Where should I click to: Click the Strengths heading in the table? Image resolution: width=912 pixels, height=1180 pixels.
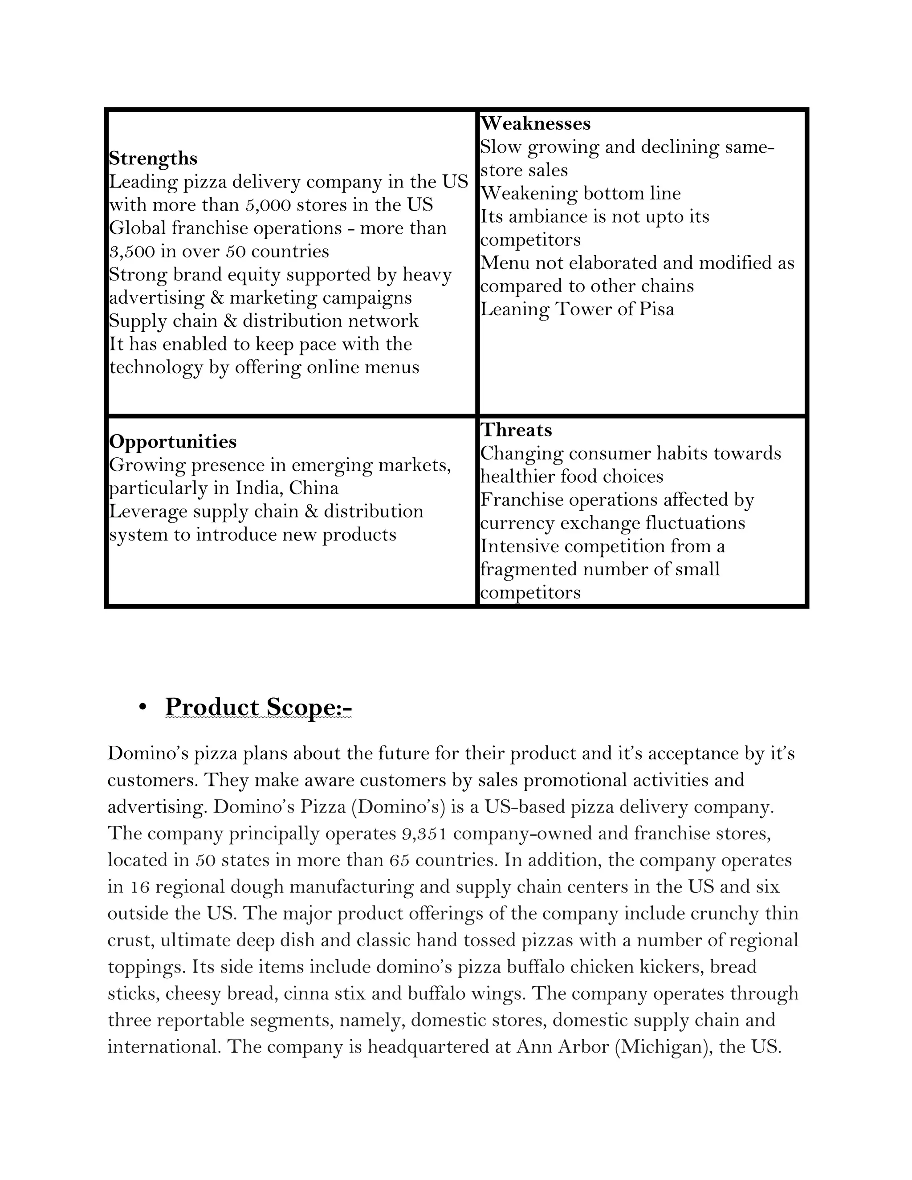[x=153, y=159]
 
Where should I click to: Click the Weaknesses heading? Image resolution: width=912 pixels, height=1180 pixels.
[x=535, y=123]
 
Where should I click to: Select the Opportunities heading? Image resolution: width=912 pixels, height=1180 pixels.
[x=173, y=441]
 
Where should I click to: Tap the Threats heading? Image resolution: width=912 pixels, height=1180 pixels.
[x=516, y=430]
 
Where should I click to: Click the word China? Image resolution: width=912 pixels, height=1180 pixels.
[x=314, y=488]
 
